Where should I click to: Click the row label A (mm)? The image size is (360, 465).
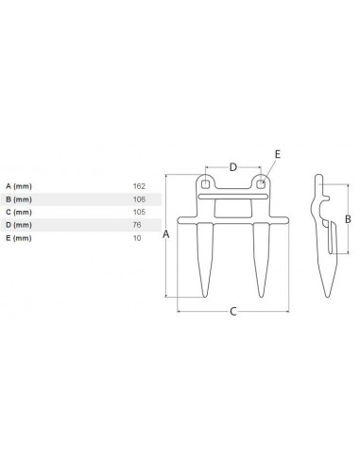point(18,186)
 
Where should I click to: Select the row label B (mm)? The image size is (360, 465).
point(18,199)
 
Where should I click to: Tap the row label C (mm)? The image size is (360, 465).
point(18,213)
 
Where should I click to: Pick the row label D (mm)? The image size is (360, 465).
point(18,226)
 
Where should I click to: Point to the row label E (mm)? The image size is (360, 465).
point(18,239)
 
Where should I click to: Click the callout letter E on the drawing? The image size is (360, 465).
point(277,151)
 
